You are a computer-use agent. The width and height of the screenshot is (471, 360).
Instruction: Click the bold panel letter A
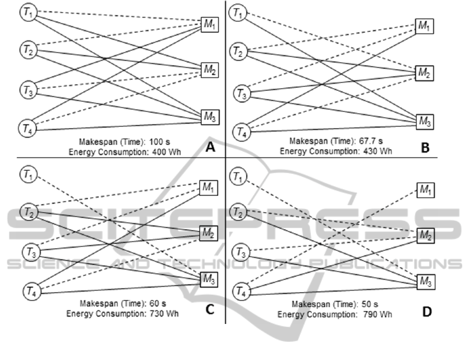210,148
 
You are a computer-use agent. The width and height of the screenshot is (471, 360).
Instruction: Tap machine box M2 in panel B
424,73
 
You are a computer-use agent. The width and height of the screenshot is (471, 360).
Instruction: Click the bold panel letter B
425,148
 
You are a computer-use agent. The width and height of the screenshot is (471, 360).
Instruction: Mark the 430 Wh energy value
373,152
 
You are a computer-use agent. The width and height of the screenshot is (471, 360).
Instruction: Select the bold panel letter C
210,309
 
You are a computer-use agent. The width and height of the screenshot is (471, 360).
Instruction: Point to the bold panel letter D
427,311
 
